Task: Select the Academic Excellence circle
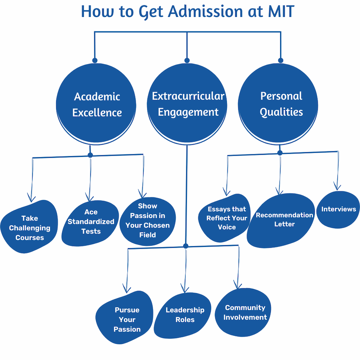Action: tap(96, 104)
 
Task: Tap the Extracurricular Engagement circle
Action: tap(187, 104)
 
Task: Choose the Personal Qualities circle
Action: tap(278, 104)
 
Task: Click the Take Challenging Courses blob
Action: tap(29, 227)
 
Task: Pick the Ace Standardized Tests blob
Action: tap(90, 223)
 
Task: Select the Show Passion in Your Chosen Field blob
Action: tap(148, 221)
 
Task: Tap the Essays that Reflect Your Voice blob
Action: tap(224, 218)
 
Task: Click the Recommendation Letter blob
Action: tap(281, 220)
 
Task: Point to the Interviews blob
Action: tap(338, 210)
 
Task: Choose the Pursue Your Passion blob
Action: tap(124, 317)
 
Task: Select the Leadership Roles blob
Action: tap(183, 316)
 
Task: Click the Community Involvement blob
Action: tap(243, 313)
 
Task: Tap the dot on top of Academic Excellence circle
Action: tap(95, 60)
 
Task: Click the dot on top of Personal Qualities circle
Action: tap(280, 60)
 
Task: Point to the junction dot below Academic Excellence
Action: tap(90, 155)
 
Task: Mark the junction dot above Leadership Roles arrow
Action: tap(186, 246)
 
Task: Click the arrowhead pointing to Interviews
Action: tap(337, 186)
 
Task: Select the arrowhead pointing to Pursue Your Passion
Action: tap(127, 289)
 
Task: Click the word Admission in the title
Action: tap(205, 11)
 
